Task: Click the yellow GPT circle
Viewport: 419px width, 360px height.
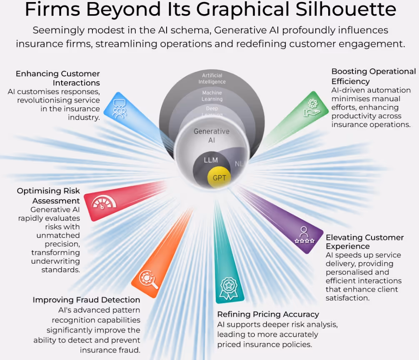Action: point(219,178)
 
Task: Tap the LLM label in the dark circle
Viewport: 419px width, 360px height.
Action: point(211,160)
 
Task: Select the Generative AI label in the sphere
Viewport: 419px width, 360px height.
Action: point(212,136)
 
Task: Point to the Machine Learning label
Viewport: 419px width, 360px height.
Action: point(212,96)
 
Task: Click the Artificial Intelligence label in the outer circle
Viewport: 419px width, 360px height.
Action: point(212,78)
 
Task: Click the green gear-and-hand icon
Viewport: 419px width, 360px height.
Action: point(311,107)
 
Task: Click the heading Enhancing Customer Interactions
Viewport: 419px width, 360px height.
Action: point(58,78)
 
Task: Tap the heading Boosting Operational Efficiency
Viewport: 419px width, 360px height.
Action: point(373,76)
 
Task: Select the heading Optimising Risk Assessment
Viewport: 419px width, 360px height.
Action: point(48,196)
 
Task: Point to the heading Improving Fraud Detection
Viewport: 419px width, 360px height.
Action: point(86,300)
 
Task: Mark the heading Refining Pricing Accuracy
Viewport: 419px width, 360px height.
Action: point(268,314)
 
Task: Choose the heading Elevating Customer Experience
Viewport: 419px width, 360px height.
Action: point(364,242)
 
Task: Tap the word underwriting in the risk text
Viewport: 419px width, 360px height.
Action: point(55,261)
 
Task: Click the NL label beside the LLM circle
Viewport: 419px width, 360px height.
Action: point(239,164)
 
